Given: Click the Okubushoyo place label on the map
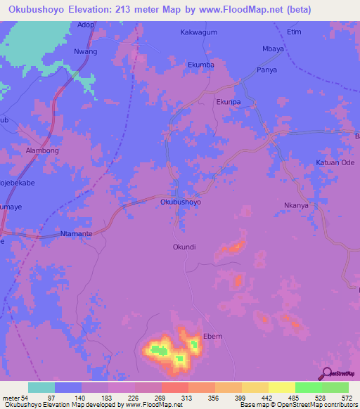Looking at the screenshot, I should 181,202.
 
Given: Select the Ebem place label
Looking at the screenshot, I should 212,337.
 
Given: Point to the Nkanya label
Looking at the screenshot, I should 297,206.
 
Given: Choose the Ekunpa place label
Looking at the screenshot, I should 229,101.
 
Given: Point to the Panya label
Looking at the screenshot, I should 266,70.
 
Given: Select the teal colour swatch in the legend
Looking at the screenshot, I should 41,387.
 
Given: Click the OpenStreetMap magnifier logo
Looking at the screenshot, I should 326,372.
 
